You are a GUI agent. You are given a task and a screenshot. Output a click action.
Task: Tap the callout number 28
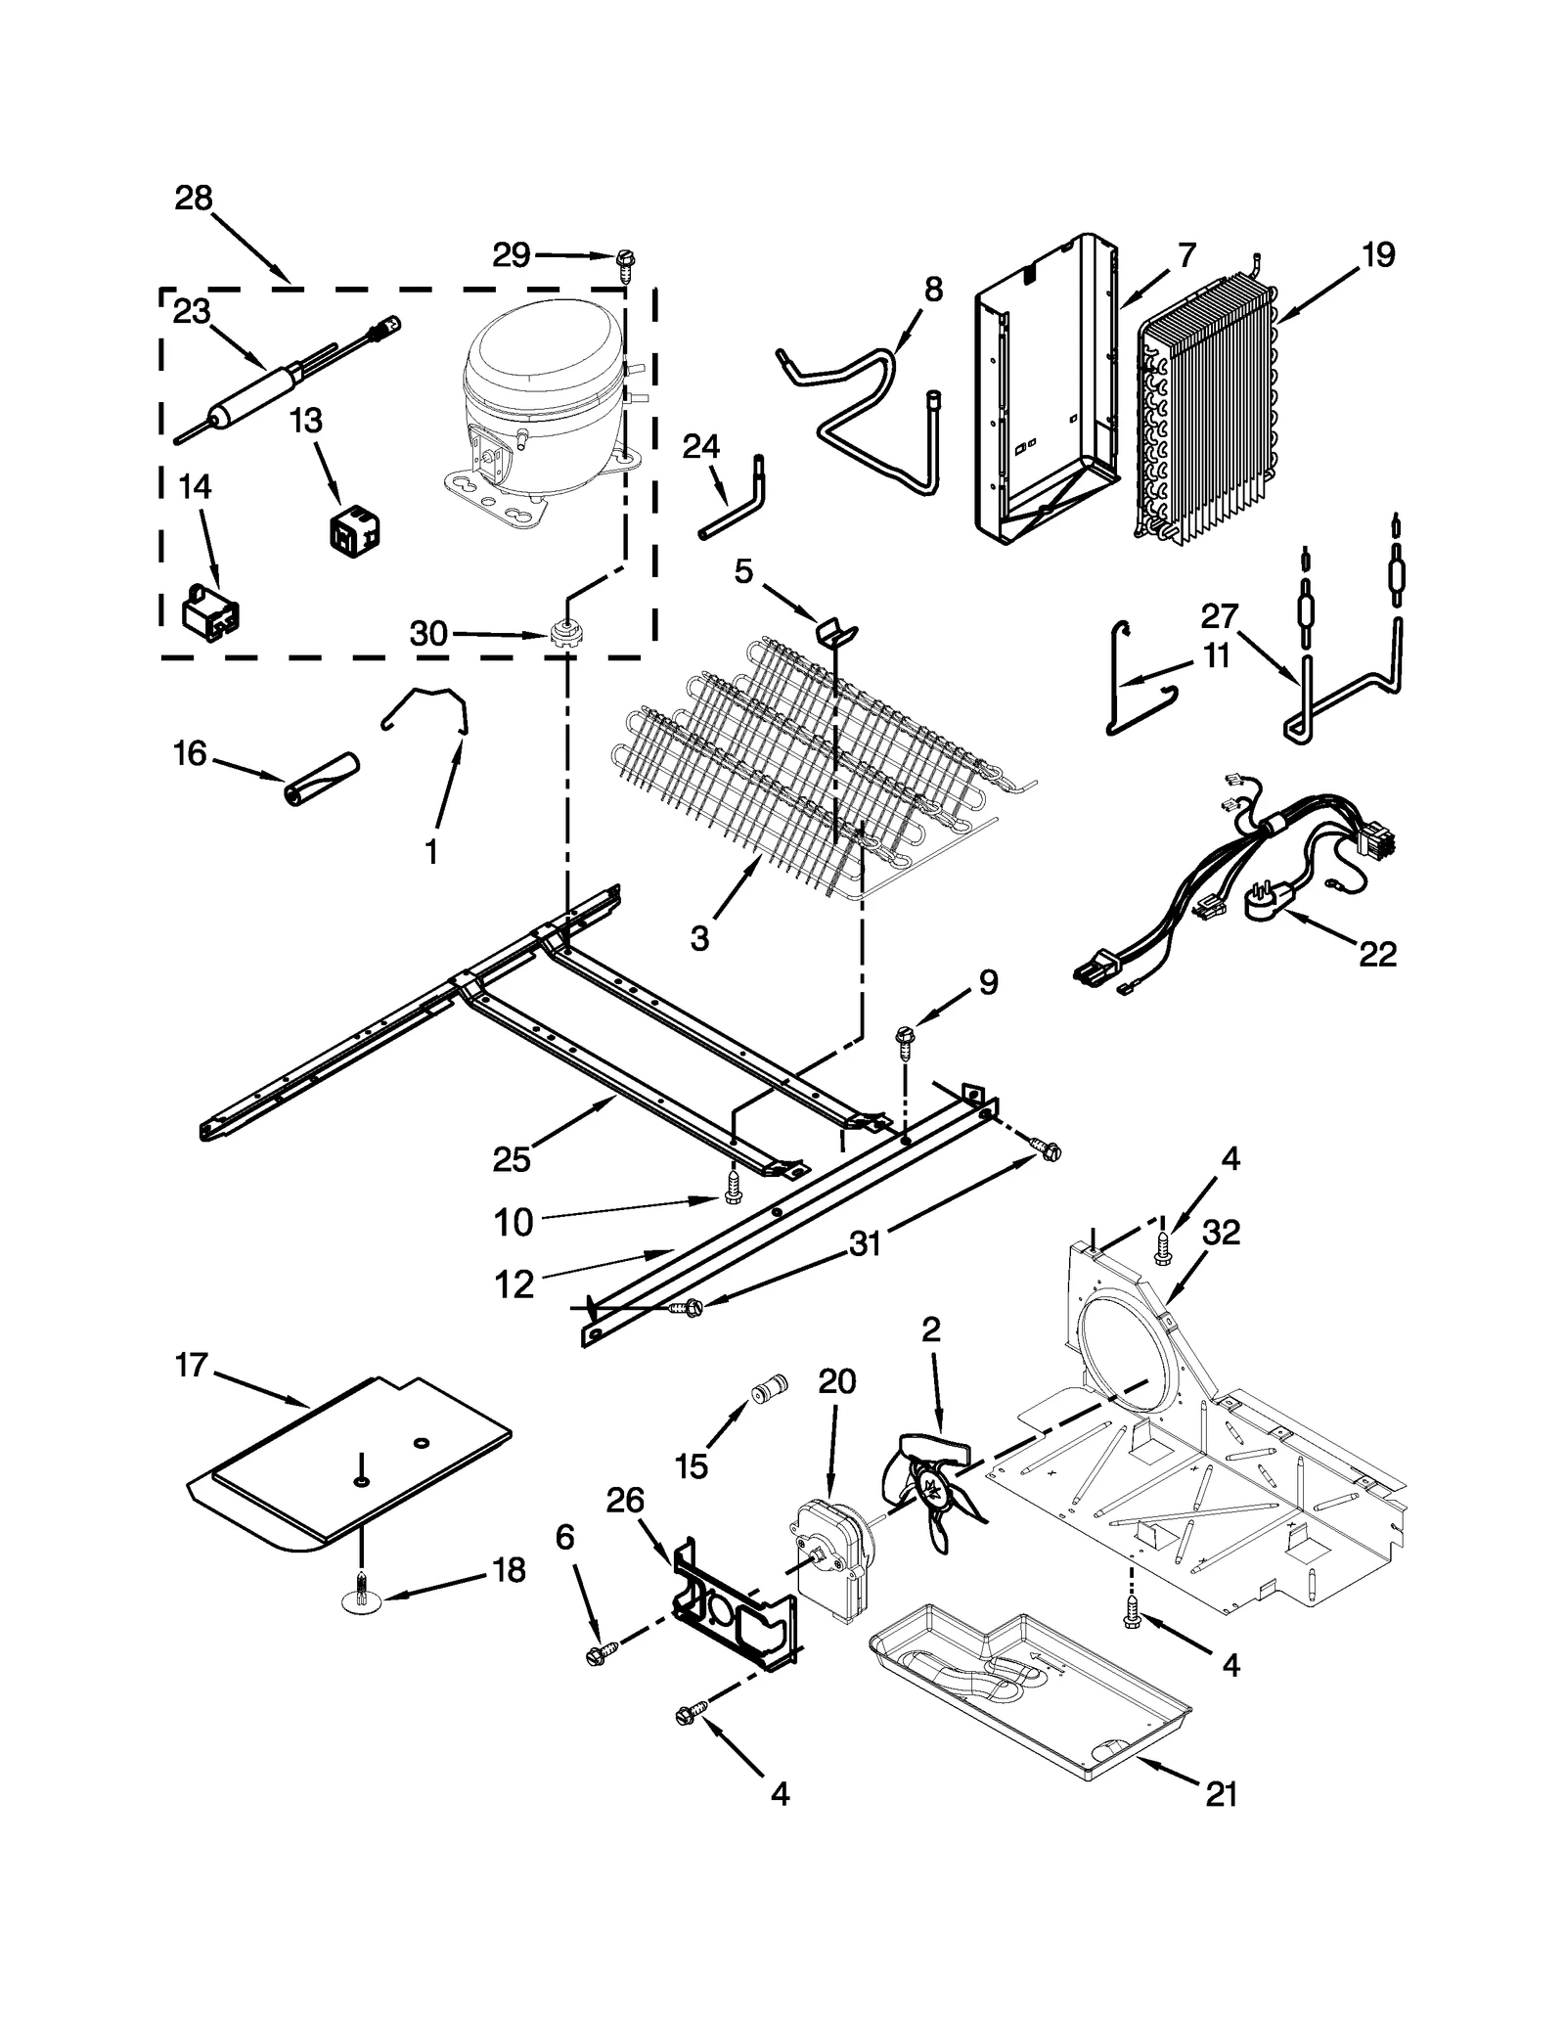pyautogui.click(x=194, y=199)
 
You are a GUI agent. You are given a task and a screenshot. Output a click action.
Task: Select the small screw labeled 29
pyautogui.click(x=624, y=260)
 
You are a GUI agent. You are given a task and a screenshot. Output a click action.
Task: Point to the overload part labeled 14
pyautogui.click(x=211, y=613)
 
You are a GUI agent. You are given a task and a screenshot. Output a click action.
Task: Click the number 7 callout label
pyautogui.click(x=1186, y=255)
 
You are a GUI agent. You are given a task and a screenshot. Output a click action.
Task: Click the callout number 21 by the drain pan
pyautogui.click(x=1222, y=1793)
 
